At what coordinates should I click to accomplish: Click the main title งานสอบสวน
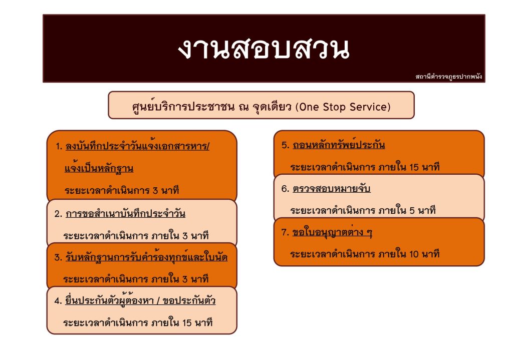pos(264,49)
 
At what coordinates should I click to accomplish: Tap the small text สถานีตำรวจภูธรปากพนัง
pos(448,77)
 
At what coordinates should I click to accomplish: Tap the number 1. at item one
pos(59,146)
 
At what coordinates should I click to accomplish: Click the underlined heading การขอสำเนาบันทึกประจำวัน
pos(125,213)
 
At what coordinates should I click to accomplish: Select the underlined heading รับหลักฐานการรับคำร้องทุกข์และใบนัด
pos(146,257)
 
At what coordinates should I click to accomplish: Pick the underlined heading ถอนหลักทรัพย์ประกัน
pos(339,145)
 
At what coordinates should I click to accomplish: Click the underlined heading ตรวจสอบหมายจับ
pos(332,189)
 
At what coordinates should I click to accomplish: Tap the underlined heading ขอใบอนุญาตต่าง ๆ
pos(332,232)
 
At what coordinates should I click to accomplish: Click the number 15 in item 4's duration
pos(187,323)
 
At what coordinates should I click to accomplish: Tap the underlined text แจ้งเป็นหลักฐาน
pos(99,168)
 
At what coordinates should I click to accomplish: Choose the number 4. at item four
pos(58,300)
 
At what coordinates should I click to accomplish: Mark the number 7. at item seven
pos(285,232)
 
